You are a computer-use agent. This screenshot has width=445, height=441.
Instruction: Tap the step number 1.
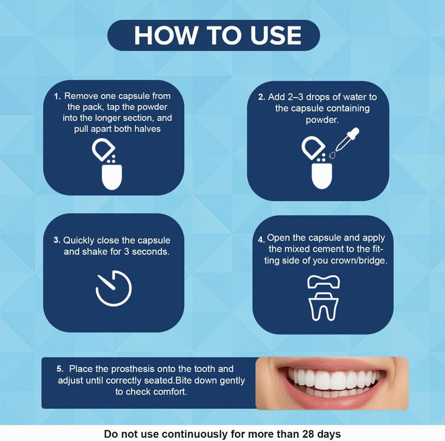(57, 97)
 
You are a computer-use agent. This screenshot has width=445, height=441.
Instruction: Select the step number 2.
(261, 97)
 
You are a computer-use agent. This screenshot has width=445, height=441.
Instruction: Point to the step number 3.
(57, 241)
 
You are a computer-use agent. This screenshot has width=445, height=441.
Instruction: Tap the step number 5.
(61, 368)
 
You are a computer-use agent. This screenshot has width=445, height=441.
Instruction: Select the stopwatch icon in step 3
(114, 288)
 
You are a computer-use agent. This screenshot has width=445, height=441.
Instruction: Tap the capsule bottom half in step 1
(111, 176)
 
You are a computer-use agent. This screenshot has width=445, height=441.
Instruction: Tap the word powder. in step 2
(322, 120)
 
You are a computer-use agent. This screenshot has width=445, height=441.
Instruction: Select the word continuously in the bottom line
(198, 434)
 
